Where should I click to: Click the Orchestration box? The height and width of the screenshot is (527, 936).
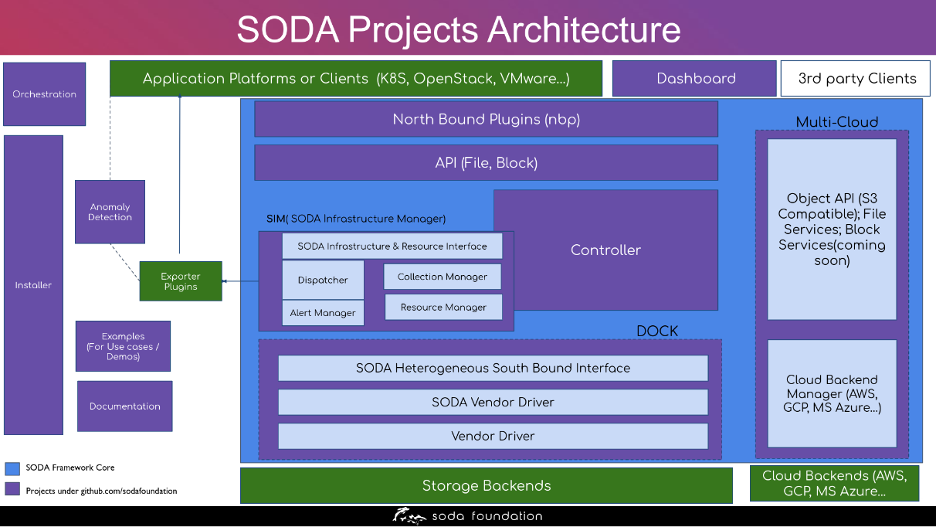[x=44, y=94]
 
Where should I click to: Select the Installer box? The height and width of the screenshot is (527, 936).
[x=33, y=285]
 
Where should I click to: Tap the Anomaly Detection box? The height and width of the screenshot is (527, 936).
[x=110, y=212]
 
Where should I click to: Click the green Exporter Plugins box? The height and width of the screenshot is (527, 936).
[x=181, y=281]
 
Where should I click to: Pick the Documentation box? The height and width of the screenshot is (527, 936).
[x=124, y=406]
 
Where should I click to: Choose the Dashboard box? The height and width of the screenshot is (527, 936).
[x=694, y=78]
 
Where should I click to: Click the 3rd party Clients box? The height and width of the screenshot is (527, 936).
[x=856, y=78]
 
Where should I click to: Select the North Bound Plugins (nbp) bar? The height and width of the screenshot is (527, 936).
[x=486, y=119]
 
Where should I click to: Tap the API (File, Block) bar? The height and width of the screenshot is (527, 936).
[x=486, y=163]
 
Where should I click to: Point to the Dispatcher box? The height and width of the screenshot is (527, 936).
[x=323, y=280]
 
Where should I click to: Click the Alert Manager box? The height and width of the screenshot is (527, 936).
[x=323, y=313]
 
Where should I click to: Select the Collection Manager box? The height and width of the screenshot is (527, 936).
[x=443, y=277]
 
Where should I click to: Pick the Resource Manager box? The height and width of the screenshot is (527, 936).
[x=443, y=307]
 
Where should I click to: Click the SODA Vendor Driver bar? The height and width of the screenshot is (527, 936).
[x=493, y=402]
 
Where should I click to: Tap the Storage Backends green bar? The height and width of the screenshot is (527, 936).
[x=486, y=485]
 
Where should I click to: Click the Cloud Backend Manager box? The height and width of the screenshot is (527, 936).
[x=832, y=393]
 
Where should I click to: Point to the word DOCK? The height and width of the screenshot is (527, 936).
[x=657, y=331]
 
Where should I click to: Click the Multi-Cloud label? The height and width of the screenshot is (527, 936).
[x=837, y=122]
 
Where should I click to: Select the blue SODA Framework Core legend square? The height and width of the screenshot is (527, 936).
[x=12, y=468]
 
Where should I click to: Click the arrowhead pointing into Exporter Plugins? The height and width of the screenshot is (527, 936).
[x=225, y=281]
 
